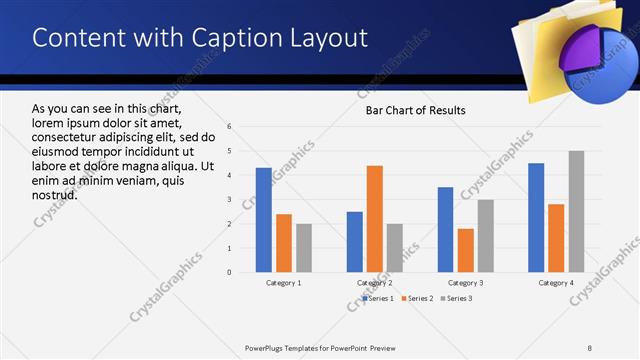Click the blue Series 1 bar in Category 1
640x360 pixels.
pos(263,220)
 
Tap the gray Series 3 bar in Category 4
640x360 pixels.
pos(577,212)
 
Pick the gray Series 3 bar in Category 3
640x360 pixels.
pos(486,236)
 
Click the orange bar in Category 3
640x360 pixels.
pos(465,250)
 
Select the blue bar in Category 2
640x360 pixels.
pos(355,242)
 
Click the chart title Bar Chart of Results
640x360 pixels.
pos(415,110)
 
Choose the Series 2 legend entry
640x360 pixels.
pos(415,298)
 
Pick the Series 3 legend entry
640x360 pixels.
pos(457,298)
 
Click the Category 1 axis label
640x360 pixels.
pos(284,283)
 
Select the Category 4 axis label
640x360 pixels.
pos(556,283)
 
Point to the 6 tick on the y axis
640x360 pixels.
pos(230,127)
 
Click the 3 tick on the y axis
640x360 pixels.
pos(230,200)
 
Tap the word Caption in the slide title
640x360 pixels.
pos(231,38)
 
